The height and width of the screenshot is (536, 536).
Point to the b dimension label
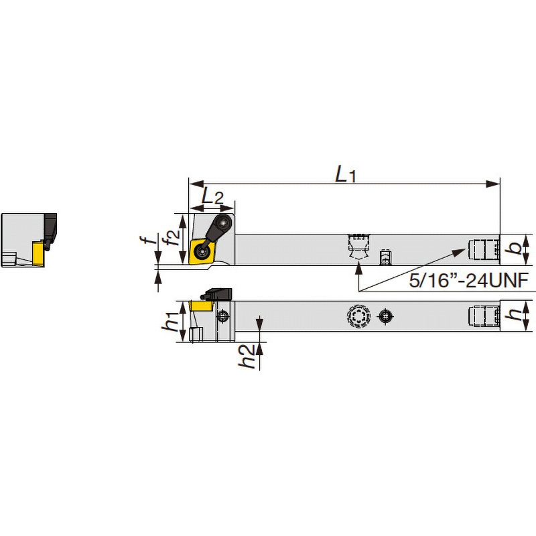click(x=515, y=249)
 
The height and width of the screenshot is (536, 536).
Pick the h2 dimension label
click(x=248, y=356)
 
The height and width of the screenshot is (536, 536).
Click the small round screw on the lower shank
click(x=385, y=317)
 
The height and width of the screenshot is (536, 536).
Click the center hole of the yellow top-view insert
click(x=201, y=253)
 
